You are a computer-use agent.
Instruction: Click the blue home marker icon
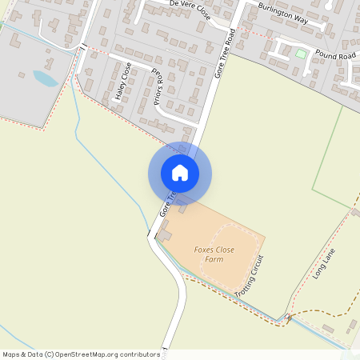point(179,172)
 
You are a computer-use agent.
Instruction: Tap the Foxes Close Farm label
point(214,254)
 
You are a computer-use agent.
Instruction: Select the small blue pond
point(44,78)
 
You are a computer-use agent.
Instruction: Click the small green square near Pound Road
point(301,54)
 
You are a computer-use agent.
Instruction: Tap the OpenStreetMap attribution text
point(80,354)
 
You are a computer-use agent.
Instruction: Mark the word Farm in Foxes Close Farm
point(214,260)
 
